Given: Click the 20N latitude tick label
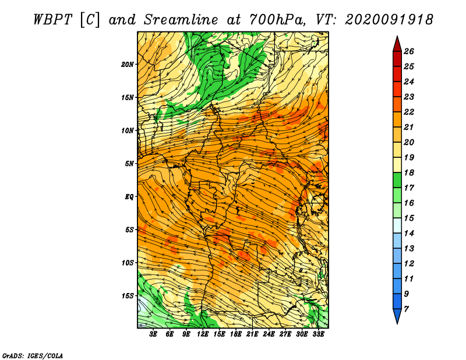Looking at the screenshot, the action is [128, 64].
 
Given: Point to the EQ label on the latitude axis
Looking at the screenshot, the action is [129, 196].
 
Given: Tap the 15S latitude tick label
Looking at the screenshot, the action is [128, 296].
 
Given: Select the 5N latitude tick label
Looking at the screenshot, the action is [129, 164].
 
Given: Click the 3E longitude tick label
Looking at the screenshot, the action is [153, 334].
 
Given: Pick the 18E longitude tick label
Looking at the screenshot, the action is [236, 334].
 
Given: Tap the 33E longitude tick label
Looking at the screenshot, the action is [318, 334].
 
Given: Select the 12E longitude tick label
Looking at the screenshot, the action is [203, 334].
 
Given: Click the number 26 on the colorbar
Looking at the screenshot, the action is [409, 51].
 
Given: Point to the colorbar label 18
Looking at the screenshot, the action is [409, 172].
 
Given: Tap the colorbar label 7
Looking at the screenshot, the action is [406, 309].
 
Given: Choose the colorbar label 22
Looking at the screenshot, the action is [409, 112].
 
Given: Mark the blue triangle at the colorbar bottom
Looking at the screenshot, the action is [397, 315].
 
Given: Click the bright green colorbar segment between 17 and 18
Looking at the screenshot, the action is [397, 180].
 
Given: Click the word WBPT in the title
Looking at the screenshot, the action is [53, 20].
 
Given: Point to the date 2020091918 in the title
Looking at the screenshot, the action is [389, 20].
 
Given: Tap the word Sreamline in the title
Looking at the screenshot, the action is [181, 20].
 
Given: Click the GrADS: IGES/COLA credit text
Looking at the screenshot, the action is [33, 356].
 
